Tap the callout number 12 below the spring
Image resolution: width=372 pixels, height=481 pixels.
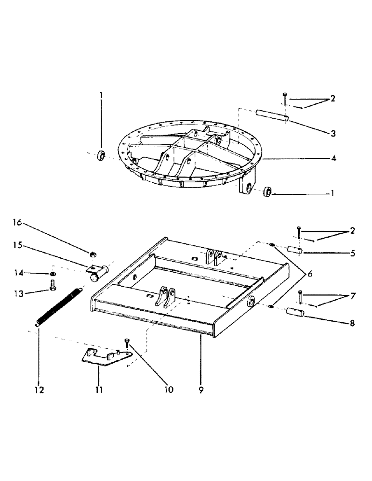pos(39,390)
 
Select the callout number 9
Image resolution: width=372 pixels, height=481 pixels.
pos(201,390)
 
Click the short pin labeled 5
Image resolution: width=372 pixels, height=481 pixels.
pos(294,251)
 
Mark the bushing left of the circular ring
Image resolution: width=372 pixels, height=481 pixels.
pos(102,155)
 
